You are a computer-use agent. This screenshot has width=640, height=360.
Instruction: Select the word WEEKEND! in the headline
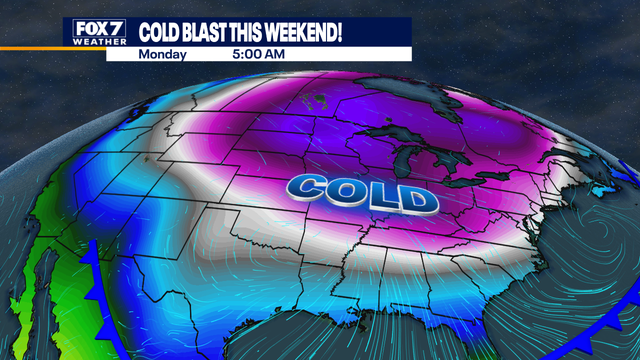pos(308,31)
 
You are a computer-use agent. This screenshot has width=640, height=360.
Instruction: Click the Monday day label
pos(162,54)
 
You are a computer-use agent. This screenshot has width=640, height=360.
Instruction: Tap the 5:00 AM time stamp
pos(259,54)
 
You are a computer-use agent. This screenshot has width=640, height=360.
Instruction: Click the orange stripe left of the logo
pos(30,46)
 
